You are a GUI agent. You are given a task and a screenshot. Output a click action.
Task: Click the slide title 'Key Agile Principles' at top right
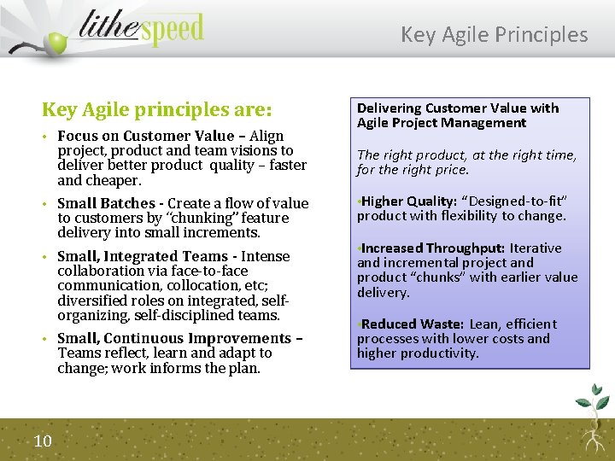click(494, 34)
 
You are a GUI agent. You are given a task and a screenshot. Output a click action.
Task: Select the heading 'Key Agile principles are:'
click(156, 110)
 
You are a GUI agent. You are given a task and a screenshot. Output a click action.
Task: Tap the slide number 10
click(43, 441)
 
